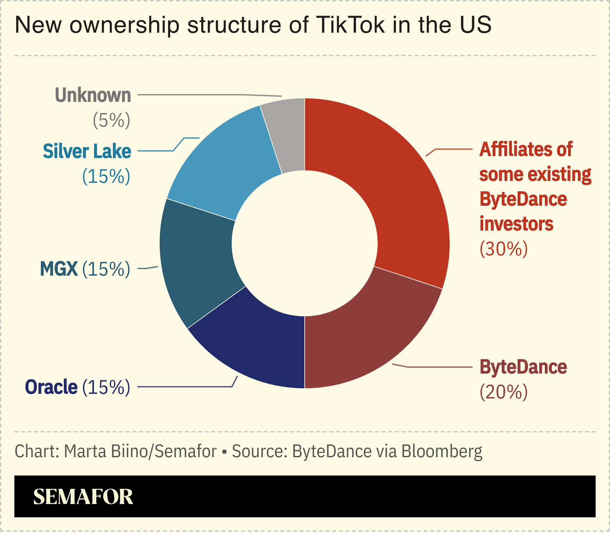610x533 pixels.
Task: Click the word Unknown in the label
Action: [93, 95]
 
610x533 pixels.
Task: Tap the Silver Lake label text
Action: [87, 152]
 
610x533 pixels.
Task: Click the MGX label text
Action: [59, 269]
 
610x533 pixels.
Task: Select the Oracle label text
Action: [51, 387]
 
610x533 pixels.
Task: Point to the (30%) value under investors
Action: [504, 249]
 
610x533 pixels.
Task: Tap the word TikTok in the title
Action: [350, 25]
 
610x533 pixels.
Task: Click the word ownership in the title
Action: [124, 25]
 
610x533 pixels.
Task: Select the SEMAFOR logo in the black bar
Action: [83, 497]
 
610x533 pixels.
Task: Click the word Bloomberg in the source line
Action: [441, 452]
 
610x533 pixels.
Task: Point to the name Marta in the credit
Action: [85, 452]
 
